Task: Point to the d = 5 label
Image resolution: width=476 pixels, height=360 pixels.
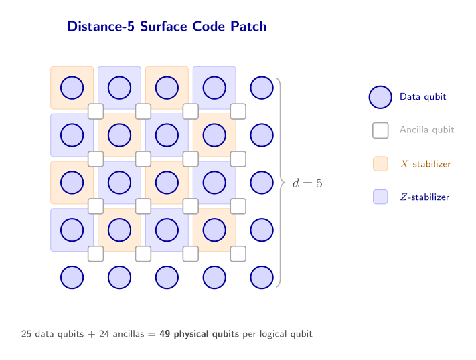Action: (307, 183)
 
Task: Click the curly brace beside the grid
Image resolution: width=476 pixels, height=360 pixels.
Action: (281, 182)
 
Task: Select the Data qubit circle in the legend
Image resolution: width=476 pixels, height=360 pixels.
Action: (380, 97)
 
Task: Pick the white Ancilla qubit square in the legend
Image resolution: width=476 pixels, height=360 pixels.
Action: (380, 130)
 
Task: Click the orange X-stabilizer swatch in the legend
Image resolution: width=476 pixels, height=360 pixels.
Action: (380, 164)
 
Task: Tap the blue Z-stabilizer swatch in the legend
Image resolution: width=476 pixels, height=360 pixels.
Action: (380, 197)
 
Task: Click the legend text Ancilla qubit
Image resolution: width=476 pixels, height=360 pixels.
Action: (426, 130)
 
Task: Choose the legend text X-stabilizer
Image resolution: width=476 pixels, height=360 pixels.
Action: (425, 164)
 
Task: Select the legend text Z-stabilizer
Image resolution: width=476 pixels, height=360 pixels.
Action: (424, 197)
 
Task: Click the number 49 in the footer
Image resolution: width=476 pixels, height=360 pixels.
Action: (165, 333)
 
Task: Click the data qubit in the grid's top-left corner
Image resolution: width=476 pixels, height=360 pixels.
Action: (72, 88)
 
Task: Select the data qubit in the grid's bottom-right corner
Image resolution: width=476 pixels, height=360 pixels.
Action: (262, 277)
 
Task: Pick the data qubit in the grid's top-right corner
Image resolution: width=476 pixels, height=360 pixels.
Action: (262, 88)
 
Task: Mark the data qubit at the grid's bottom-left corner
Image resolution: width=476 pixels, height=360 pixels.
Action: (72, 277)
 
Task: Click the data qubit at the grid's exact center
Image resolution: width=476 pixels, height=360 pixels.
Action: (167, 183)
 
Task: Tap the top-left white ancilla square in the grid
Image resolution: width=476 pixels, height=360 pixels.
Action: (96, 111)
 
